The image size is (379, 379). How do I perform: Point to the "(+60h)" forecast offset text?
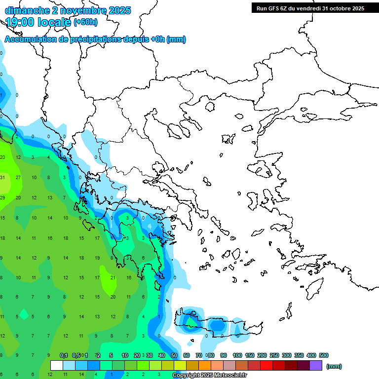[x=85, y=22]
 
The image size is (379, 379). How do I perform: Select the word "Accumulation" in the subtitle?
[x=30, y=39]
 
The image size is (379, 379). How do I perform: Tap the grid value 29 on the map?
[x=2, y=198]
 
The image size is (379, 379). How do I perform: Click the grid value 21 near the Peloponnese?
[x=113, y=278]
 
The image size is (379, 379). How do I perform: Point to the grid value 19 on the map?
[x=97, y=258]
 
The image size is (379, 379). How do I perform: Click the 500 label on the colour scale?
[x=324, y=355]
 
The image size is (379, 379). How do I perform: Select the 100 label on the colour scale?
[x=237, y=355]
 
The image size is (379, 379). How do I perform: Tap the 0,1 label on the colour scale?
[x=64, y=355]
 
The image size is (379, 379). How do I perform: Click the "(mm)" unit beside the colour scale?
[x=334, y=366]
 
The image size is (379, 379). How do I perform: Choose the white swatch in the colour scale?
[x=57, y=365]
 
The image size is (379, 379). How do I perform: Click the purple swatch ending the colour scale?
[x=316, y=365]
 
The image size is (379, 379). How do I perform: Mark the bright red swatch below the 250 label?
[x=266, y=365]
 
